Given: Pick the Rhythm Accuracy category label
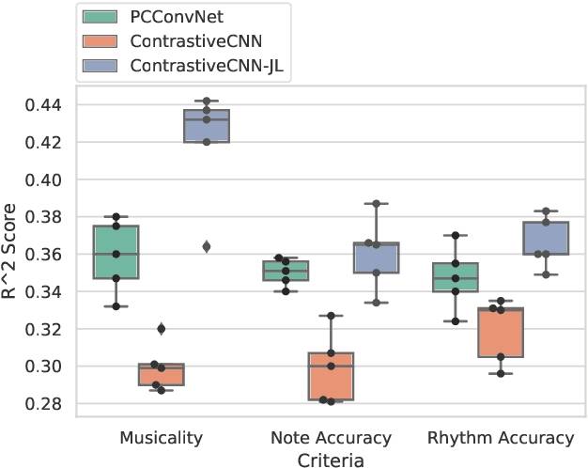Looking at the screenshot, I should click(x=500, y=438).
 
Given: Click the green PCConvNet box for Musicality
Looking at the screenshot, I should click(x=116, y=252).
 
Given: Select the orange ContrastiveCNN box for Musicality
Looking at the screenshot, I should click(x=162, y=374).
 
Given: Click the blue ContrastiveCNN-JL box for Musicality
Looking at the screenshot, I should click(x=207, y=126).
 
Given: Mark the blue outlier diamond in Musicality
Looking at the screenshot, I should click(x=207, y=246).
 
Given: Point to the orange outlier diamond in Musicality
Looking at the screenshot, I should click(x=162, y=329).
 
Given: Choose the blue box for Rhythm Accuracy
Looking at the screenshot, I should click(x=545, y=238).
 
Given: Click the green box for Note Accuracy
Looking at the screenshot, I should click(x=286, y=271).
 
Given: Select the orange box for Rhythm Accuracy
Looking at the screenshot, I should click(x=500, y=332).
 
